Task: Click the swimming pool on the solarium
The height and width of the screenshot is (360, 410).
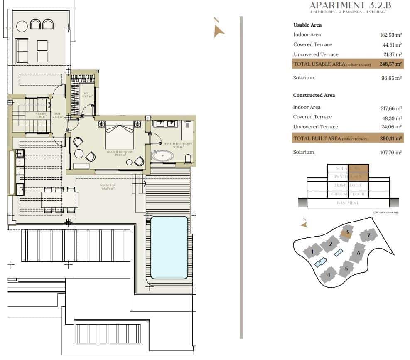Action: coord(169,247)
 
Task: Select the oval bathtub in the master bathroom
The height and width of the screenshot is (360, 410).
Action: coord(162,156)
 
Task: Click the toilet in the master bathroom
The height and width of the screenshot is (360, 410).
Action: coord(188,158)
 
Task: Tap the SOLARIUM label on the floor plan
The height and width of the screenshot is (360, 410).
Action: coord(107,185)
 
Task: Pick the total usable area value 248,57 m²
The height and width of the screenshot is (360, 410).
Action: coord(390,64)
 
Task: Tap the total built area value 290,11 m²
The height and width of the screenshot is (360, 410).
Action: coord(390,138)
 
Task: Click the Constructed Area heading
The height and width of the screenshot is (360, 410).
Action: coord(314,95)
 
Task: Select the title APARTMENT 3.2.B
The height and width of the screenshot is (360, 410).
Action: coord(350,5)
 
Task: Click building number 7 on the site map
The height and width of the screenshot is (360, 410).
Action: coord(368,236)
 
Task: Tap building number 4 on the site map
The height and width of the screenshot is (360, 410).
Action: coord(329,275)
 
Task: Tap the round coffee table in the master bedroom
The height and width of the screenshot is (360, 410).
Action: coord(79,153)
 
